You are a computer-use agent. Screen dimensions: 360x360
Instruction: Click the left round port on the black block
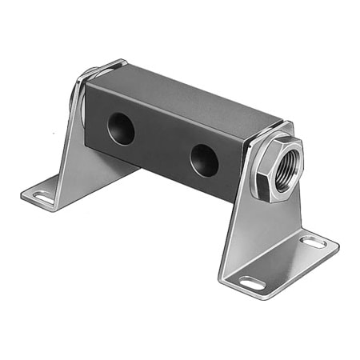click(x=121, y=129)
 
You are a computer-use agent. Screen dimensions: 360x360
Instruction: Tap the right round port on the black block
click(x=205, y=160)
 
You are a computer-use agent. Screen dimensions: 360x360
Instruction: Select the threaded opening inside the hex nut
click(x=286, y=170)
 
